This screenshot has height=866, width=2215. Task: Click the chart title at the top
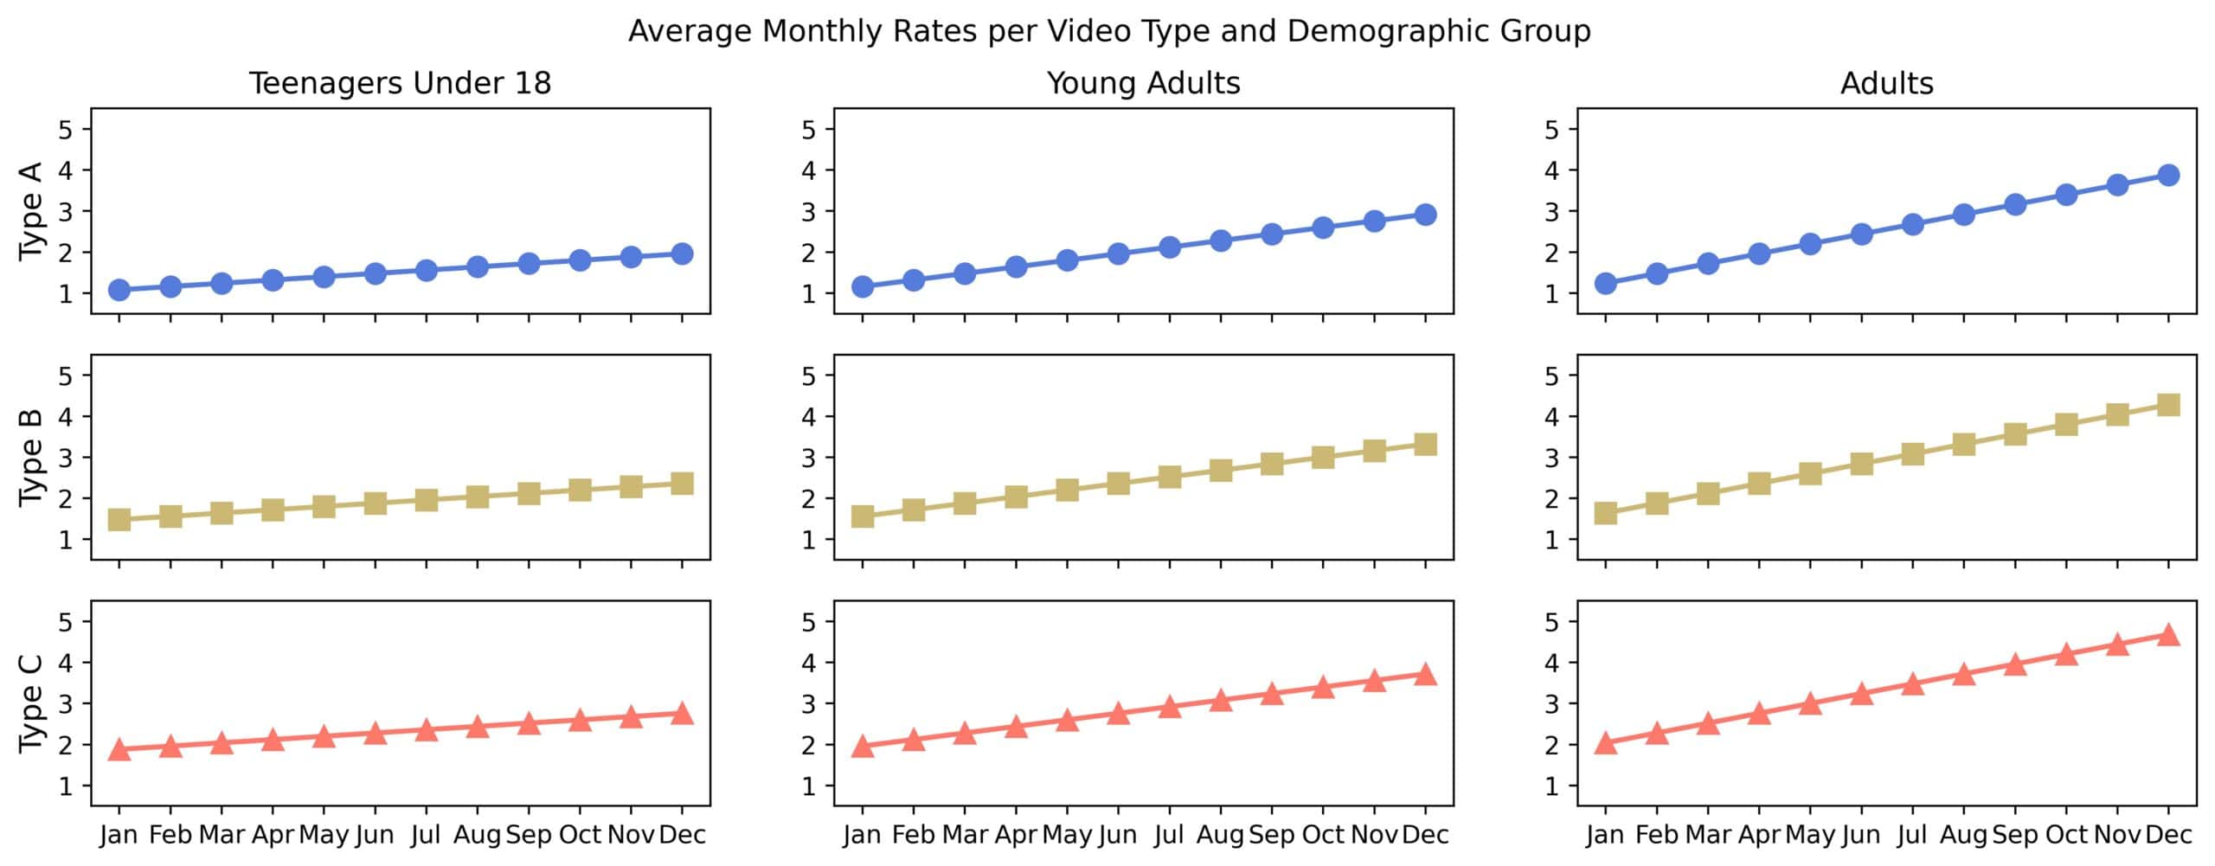[x=1108, y=31]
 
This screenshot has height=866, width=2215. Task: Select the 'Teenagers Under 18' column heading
[x=400, y=83]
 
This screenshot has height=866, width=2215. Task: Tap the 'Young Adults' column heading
[x=1143, y=83]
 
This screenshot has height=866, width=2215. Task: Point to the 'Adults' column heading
[x=1886, y=83]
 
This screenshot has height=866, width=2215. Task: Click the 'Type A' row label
[x=31, y=210]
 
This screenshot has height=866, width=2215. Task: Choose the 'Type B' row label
[x=31, y=457]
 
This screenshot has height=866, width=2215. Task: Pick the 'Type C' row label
[x=31, y=703]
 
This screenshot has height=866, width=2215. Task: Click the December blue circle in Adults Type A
[x=2168, y=175]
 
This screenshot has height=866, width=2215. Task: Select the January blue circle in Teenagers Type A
[x=119, y=290]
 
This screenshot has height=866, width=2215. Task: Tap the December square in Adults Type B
[x=2168, y=405]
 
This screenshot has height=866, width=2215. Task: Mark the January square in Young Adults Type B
[x=863, y=516]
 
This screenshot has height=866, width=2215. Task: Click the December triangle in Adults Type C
[x=2168, y=635]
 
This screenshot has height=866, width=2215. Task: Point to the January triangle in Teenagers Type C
[x=119, y=749]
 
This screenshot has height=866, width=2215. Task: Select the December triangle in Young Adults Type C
[x=1425, y=674]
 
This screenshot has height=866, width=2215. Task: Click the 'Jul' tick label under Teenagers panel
[x=426, y=835]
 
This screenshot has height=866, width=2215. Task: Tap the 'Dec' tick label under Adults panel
[x=2168, y=835]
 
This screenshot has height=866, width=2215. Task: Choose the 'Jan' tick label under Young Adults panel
[x=863, y=835]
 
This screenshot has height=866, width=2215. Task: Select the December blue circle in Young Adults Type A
[x=1425, y=215]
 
